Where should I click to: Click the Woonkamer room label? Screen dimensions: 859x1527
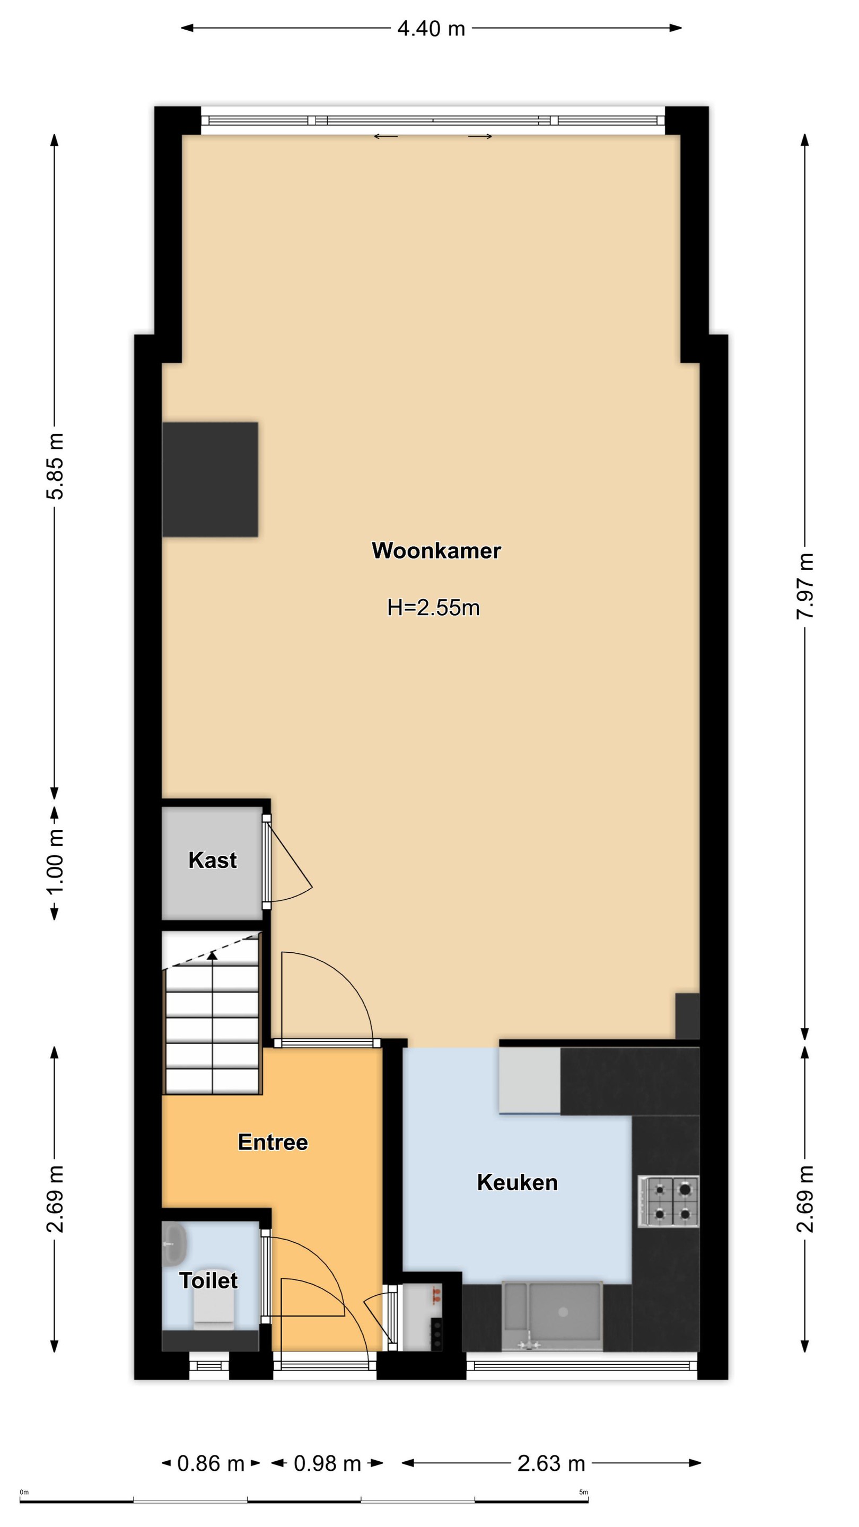pos(436,551)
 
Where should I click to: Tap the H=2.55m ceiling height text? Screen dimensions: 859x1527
pos(433,608)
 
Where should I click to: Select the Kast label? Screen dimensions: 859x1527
pos(212,860)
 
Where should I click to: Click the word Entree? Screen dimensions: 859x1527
pos(273,1142)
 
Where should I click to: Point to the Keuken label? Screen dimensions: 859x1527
pos(517,1182)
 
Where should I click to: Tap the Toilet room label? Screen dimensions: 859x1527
pos(208,1281)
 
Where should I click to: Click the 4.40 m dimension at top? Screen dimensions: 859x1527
pos(431,29)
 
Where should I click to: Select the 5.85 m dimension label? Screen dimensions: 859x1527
pos(55,467)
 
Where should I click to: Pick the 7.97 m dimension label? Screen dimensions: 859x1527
pos(804,586)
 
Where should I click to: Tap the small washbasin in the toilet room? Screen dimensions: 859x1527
pos(174,1243)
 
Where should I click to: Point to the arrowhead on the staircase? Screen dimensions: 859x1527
pos(212,954)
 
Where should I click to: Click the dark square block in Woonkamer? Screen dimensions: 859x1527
pos(210,479)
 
